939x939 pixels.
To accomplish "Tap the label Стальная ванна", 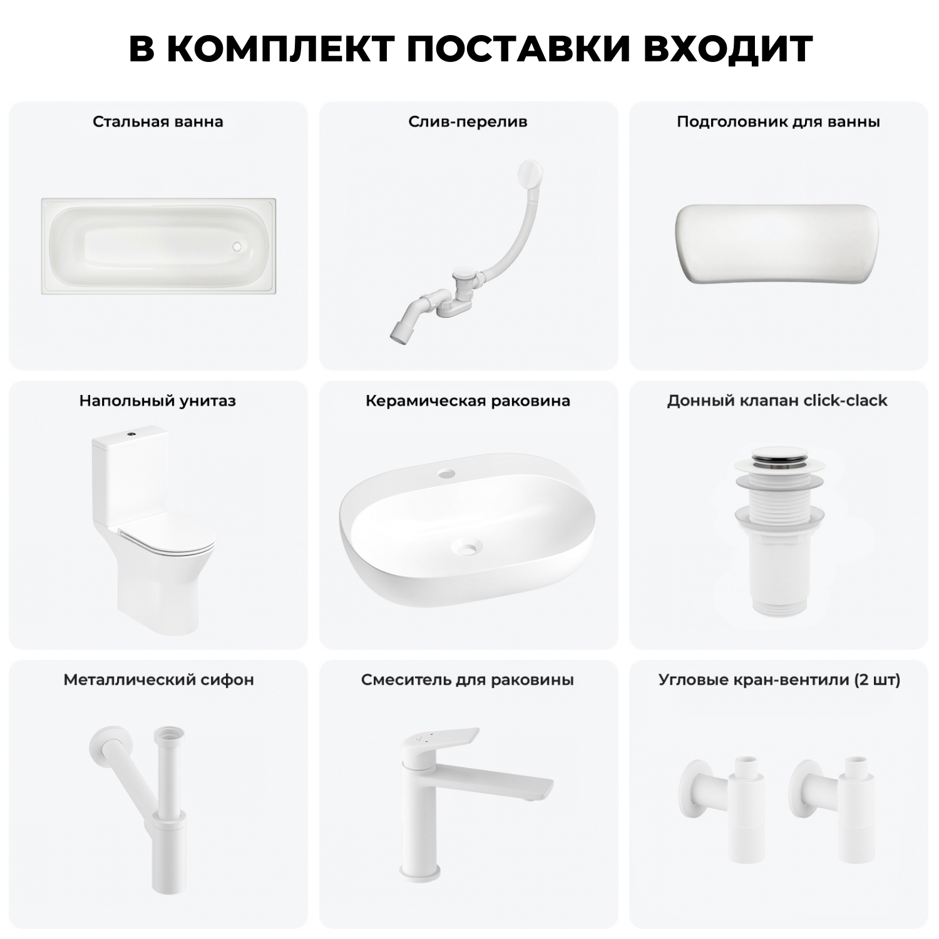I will (x=158, y=121).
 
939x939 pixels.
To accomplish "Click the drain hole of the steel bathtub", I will (x=237, y=247).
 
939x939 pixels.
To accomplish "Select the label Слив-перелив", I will (x=468, y=121).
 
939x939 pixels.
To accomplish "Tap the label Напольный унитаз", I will (x=157, y=401).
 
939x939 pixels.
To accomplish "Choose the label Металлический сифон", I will (x=158, y=680).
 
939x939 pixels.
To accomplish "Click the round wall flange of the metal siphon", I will (x=100, y=739).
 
